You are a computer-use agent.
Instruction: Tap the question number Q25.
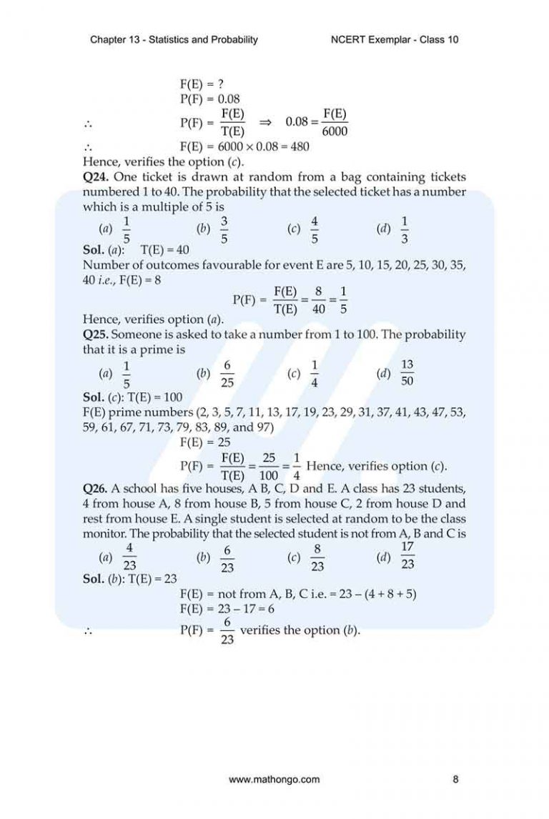tap(97, 334)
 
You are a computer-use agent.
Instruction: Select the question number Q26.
tap(97, 489)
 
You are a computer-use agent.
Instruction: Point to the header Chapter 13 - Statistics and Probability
tap(174, 39)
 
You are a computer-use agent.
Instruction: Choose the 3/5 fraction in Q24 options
tap(224, 229)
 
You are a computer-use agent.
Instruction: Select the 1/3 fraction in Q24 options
tap(405, 229)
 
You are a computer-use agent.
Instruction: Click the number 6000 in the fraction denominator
tap(335, 131)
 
